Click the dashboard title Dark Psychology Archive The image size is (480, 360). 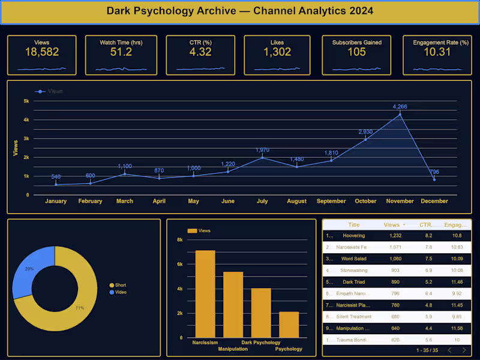239,11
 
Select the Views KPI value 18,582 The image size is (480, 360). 42,52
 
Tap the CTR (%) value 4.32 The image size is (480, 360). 200,52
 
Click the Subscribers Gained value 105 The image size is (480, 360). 356,52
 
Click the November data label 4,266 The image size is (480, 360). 400,107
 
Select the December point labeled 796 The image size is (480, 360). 434,179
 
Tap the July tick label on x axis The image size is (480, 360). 262,202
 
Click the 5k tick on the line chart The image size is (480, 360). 26,101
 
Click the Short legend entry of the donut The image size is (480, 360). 120,285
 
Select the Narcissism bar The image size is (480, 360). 205,294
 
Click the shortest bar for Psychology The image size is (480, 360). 289,325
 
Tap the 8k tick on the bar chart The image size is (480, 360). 179,240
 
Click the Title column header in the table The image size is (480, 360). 354,225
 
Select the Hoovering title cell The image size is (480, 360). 353,236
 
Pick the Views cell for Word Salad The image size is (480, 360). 391,259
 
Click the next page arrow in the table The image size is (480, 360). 464,350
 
